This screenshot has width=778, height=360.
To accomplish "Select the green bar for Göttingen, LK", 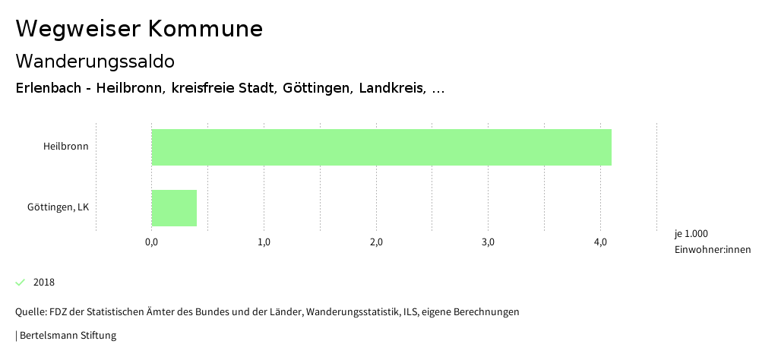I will click(174, 208).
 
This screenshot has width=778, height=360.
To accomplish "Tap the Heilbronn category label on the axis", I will click(65, 147).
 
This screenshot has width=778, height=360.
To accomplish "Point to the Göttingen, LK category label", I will click(58, 207).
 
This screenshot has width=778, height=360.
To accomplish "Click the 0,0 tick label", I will click(151, 242).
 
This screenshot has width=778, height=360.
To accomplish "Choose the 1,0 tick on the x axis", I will click(264, 242).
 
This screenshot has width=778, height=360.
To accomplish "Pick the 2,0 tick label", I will click(376, 242).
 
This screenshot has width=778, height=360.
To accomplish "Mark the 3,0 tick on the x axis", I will click(489, 242).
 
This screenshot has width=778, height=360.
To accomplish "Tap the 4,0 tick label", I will click(600, 242).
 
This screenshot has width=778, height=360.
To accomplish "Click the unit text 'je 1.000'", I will click(691, 233).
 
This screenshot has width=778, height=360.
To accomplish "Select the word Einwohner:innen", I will click(712, 250).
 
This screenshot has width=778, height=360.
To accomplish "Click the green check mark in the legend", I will click(21, 283).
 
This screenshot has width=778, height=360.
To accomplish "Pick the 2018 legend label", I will click(44, 283).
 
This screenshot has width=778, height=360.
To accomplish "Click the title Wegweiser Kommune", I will click(139, 29).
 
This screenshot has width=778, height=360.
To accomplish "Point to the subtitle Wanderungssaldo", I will click(95, 61).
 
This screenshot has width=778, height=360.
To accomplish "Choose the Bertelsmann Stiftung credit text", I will click(68, 335).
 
